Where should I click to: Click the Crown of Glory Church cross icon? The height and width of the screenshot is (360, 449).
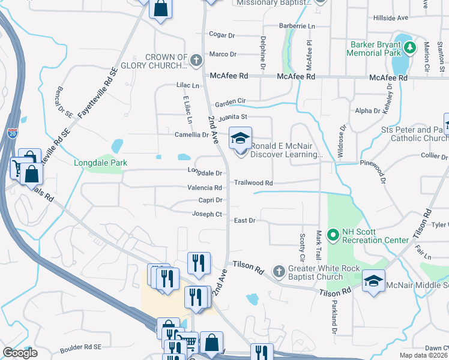pos(196,60)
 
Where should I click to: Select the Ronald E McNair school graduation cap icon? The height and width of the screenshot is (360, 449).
pos(240,139)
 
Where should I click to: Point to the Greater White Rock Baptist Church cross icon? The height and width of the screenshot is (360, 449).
pos(279,272)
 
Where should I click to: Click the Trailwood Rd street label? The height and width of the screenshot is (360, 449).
pos(253,183)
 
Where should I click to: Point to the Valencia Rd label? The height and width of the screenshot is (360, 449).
pos(206,188)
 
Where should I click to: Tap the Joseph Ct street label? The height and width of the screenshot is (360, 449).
pos(207,214)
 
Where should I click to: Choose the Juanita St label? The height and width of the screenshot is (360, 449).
pos(232,118)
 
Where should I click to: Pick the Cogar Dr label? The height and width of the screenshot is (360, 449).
pos(221,35)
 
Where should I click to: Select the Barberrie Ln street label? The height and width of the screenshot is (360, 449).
pos(297,26)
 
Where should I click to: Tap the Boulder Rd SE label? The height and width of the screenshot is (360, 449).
pos(80,347)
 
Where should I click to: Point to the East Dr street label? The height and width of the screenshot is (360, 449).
pos(245,221)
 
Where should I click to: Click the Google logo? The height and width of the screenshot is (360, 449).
pos(20,353)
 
